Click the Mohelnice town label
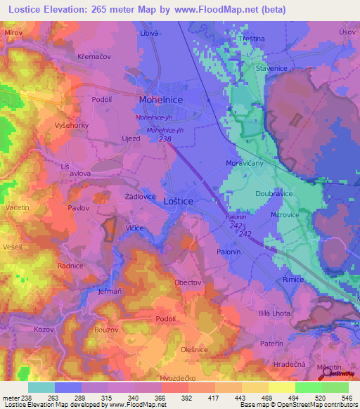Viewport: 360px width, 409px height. pyautogui.click(x=162, y=100)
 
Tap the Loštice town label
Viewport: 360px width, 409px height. pyautogui.click(x=178, y=201)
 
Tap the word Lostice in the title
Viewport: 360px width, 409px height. pyautogui.click(x=33, y=8)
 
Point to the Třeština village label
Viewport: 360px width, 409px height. pyautogui.click(x=270, y=37)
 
